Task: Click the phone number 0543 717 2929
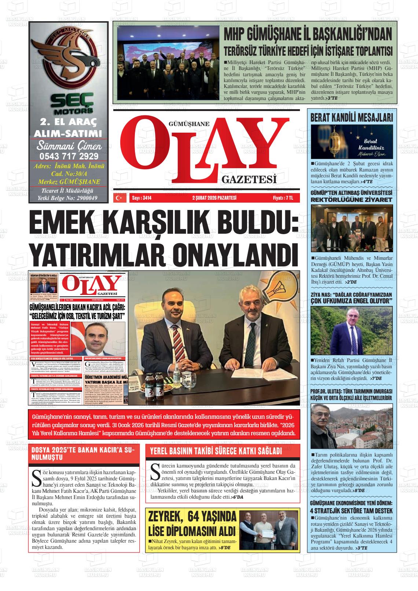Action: pyautogui.click(x=69, y=156)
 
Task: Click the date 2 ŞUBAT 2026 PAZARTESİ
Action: pyautogui.click(x=214, y=198)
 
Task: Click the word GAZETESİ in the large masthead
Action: pyautogui.click(x=249, y=180)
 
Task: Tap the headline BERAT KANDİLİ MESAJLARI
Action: pyautogui.click(x=352, y=118)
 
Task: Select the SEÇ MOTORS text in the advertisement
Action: pyautogui.click(x=69, y=103)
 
